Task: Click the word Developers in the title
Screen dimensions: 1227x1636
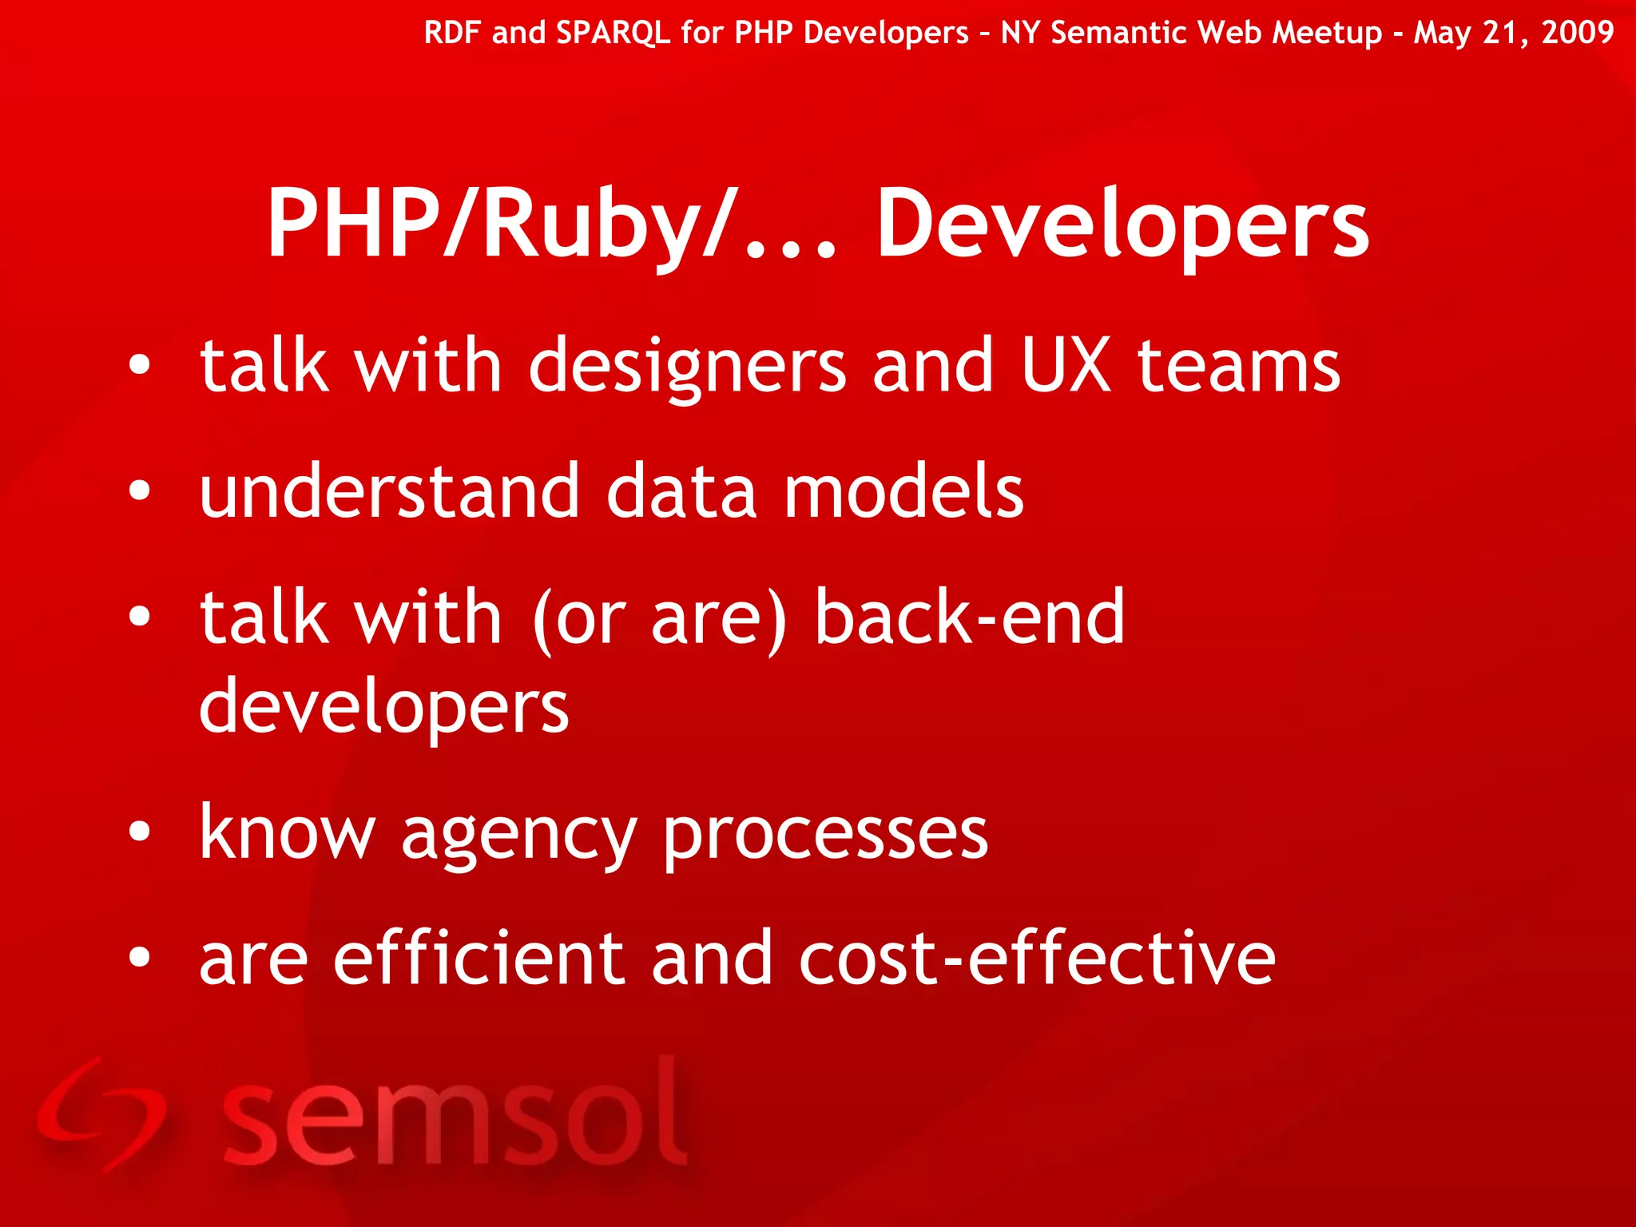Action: click(x=1122, y=225)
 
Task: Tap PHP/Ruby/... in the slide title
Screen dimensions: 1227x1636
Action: click(x=551, y=225)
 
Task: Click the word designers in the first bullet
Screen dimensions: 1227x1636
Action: click(x=687, y=367)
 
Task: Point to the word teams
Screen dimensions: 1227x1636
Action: click(x=1238, y=367)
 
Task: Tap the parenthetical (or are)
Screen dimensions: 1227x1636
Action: click(x=660, y=619)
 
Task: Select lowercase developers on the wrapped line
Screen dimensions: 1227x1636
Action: click(x=383, y=708)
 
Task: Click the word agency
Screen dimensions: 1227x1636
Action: click(x=519, y=836)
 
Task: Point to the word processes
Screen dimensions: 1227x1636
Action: click(x=826, y=836)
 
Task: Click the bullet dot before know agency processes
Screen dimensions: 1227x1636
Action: click(x=139, y=832)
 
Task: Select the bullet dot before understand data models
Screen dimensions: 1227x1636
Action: click(x=139, y=491)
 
